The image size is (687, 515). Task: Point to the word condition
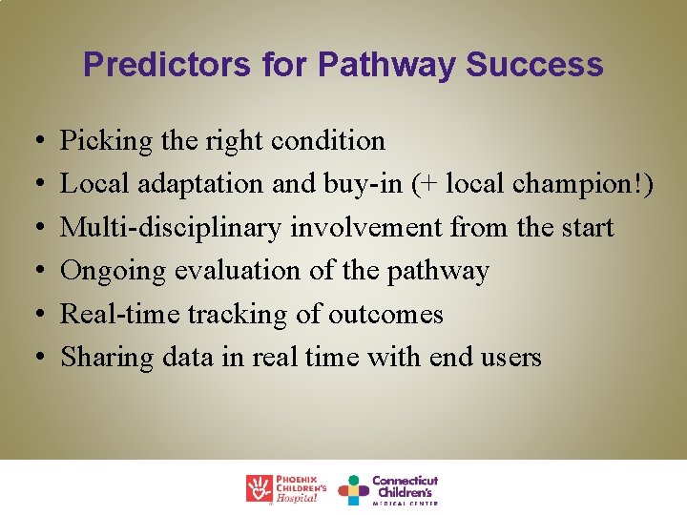tap(328, 141)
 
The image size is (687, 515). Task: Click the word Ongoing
tap(113, 271)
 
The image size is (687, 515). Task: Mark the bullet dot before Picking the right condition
tap(34, 142)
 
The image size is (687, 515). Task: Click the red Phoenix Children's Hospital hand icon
tap(259, 488)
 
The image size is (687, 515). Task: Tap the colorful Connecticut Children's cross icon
tap(353, 489)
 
